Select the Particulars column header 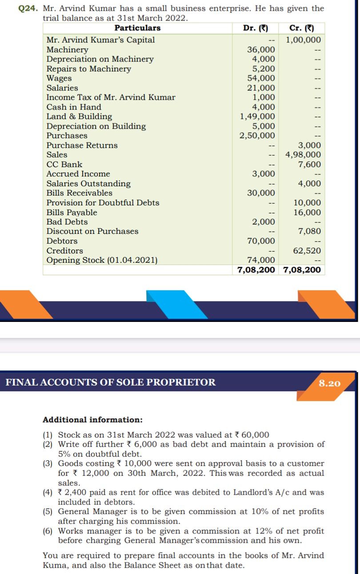[x=138, y=28]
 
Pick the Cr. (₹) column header [x=302, y=28]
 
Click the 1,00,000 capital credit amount [x=303, y=40]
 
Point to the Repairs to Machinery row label [x=89, y=69]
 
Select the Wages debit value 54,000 [x=261, y=78]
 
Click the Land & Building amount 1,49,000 [x=257, y=116]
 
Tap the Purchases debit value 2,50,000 [x=257, y=136]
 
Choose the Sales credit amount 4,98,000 [x=303, y=155]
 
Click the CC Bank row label [x=64, y=165]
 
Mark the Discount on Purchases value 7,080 [x=307, y=231]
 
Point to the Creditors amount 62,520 [x=307, y=251]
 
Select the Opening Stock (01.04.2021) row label [x=102, y=261]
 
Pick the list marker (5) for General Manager [x=48, y=512]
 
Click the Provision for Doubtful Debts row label [x=103, y=203]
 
